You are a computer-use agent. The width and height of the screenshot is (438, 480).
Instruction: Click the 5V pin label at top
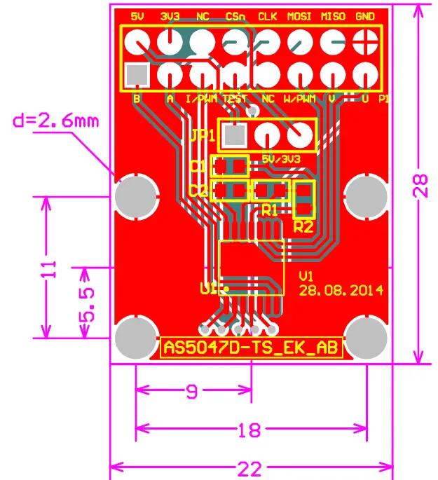click(137, 15)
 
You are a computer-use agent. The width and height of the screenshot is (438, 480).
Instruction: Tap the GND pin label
click(365, 15)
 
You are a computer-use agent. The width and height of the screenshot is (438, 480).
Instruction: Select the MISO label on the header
click(333, 15)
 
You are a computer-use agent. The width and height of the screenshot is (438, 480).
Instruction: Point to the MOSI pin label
click(300, 15)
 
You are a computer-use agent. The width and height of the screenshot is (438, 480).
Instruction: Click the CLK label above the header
click(267, 15)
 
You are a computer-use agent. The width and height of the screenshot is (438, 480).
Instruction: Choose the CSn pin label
click(235, 15)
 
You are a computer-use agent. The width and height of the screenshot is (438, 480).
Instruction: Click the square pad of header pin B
click(136, 74)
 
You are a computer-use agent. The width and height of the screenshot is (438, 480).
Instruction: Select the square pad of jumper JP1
click(235, 133)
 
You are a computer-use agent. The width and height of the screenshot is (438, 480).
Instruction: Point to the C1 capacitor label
click(198, 167)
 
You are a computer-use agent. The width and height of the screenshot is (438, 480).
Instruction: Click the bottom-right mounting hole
click(367, 336)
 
